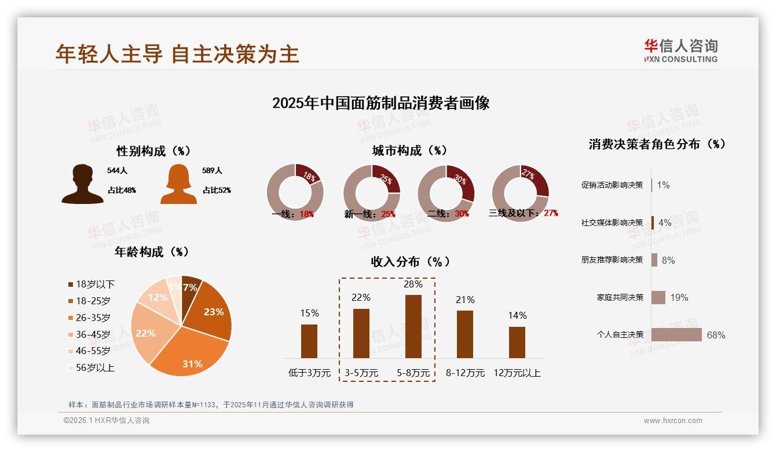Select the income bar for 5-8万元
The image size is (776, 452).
coord(413,326)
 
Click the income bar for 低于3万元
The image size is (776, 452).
coord(309,341)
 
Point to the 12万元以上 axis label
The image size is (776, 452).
coord(517,373)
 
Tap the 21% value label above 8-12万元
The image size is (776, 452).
coord(465,300)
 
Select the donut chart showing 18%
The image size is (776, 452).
coord(295,192)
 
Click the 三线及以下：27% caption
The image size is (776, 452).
coord(524,213)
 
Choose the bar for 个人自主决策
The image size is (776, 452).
coord(676,335)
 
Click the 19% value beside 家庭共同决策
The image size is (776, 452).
coord(679,297)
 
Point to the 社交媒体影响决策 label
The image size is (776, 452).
coord(612,223)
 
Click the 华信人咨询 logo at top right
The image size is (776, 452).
coord(680,50)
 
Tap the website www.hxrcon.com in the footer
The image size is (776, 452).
coord(673,421)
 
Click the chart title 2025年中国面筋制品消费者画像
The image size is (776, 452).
coord(381,103)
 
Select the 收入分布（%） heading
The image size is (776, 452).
coord(410,261)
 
